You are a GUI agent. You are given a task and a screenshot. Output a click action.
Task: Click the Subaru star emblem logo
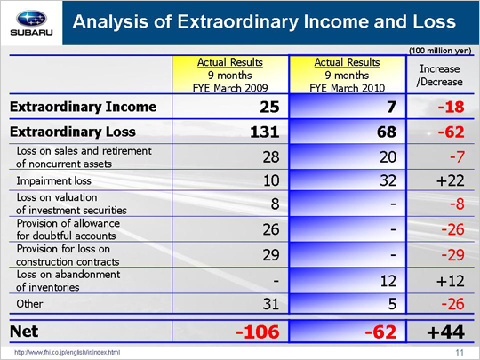(x=31, y=19)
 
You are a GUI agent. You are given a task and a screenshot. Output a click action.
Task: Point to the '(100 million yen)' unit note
(x=440, y=51)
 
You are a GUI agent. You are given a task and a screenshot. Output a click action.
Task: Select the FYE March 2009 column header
(x=230, y=75)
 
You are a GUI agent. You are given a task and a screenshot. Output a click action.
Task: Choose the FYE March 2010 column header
(x=348, y=75)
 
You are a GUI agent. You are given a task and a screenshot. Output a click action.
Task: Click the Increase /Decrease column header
(x=440, y=76)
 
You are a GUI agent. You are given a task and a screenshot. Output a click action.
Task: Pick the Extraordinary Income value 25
(x=269, y=107)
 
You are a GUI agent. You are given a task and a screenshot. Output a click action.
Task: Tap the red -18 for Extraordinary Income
(x=451, y=107)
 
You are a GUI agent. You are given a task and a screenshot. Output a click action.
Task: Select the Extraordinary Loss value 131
(x=265, y=132)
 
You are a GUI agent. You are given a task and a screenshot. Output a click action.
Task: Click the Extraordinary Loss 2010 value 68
(x=387, y=132)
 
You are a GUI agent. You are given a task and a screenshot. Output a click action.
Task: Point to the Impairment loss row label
(x=54, y=180)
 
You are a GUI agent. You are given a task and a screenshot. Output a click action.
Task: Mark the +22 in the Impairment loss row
(x=451, y=180)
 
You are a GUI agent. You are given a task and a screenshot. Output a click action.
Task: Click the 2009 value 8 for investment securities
(x=275, y=204)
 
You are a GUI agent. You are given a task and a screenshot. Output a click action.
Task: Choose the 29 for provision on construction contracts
(x=271, y=255)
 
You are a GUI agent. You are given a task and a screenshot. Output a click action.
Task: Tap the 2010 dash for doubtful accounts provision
(x=394, y=229)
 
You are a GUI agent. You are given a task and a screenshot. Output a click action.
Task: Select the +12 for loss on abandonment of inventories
(x=451, y=281)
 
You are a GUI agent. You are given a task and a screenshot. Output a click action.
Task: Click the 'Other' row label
(x=29, y=304)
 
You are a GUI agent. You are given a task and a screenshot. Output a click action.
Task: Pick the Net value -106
(x=258, y=332)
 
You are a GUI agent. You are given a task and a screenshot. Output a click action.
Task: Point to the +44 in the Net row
(x=446, y=332)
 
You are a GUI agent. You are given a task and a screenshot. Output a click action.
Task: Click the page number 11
(x=460, y=352)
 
